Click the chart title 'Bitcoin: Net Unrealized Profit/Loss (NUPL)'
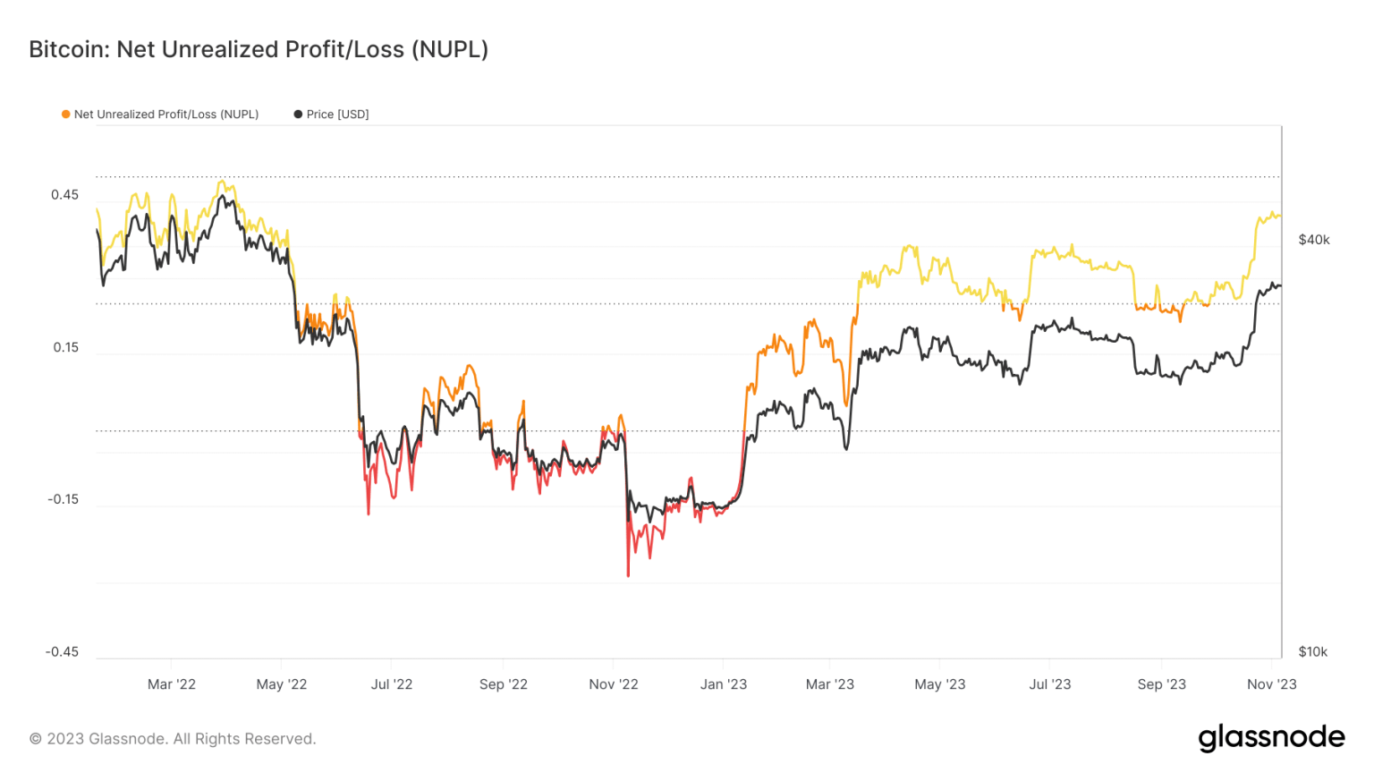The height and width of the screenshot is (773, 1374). coord(259,49)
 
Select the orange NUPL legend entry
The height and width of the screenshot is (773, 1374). coord(160,115)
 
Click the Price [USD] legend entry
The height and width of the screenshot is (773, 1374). coord(331,115)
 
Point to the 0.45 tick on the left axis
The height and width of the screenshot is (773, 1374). coord(64,195)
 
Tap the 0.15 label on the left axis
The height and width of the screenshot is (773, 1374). coord(65,347)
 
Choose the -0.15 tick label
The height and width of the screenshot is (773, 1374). coord(63,499)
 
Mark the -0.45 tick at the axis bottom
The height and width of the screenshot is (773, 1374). coord(63,651)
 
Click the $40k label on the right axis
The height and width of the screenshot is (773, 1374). coord(1314,240)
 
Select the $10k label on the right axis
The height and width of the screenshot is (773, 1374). coord(1313,651)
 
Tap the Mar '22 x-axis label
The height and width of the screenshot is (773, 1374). coord(172,684)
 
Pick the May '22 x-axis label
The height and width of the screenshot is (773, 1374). coord(282,684)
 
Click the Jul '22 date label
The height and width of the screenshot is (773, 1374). coord(392,684)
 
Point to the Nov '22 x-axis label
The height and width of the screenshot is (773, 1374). coord(614,684)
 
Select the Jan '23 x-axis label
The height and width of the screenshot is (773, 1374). coord(724,684)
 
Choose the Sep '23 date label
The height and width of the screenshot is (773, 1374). coord(1161,684)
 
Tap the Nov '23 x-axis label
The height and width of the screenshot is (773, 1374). coord(1271,684)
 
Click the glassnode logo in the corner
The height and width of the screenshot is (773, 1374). coord(1271,737)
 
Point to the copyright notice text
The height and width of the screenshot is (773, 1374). coord(173,739)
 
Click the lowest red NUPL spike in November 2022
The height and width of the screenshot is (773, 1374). coord(628,574)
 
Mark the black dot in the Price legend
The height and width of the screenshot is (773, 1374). coord(298,115)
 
